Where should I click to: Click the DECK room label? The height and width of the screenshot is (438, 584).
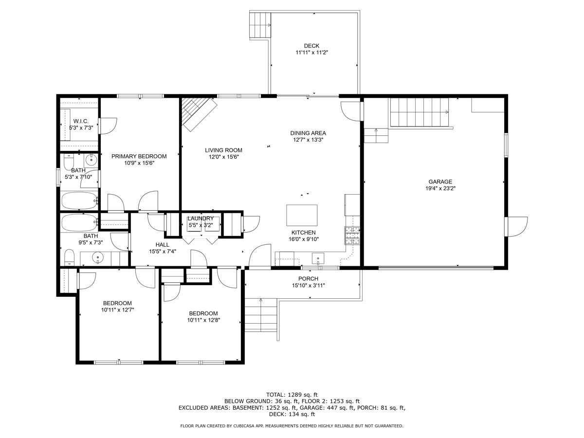tap(311, 46)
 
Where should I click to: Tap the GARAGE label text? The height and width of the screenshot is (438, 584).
tap(440, 182)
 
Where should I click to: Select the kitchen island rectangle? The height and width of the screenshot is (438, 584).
tap(302, 215)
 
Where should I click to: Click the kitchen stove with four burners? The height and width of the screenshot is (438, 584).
tap(352, 235)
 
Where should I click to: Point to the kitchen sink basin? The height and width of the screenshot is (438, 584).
tap(318, 258)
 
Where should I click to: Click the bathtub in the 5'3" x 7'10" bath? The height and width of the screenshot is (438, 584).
tap(79, 201)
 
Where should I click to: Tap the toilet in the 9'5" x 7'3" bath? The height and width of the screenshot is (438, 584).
tap(70, 257)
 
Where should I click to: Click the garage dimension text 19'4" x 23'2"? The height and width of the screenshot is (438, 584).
tap(440, 188)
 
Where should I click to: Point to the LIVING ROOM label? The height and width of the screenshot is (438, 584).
tap(223, 150)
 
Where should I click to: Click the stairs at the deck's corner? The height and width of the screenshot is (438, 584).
tap(260, 25)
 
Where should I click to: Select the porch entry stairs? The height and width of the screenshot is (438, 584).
tap(261, 315)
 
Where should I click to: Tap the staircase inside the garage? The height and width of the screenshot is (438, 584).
tap(420, 112)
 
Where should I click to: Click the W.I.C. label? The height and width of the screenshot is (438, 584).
tap(81, 121)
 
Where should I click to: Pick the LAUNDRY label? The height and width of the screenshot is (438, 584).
tap(201, 219)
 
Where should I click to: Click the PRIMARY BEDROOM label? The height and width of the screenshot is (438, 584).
tap(139, 156)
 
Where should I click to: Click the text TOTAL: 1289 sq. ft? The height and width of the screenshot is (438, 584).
tap(292, 395)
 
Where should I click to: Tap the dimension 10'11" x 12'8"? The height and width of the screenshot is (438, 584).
tap(203, 320)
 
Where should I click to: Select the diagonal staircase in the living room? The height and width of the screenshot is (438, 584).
tap(199, 114)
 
